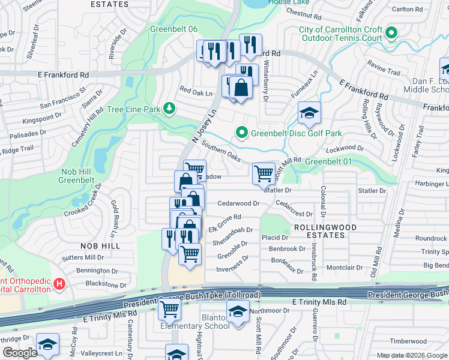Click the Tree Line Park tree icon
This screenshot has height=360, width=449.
point(170,109)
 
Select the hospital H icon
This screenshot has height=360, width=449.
point(59,283)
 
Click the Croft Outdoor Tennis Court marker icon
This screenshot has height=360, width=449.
point(392,33)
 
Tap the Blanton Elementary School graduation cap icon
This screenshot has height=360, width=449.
point(238,313)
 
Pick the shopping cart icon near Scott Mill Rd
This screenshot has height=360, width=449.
point(264,173)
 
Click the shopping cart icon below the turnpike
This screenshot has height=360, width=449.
point(170,310)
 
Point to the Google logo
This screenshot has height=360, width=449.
point(20,352)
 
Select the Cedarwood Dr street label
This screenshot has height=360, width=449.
point(238,203)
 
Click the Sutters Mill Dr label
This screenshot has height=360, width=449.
point(83,257)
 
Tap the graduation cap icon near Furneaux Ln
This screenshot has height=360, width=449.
point(309,112)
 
